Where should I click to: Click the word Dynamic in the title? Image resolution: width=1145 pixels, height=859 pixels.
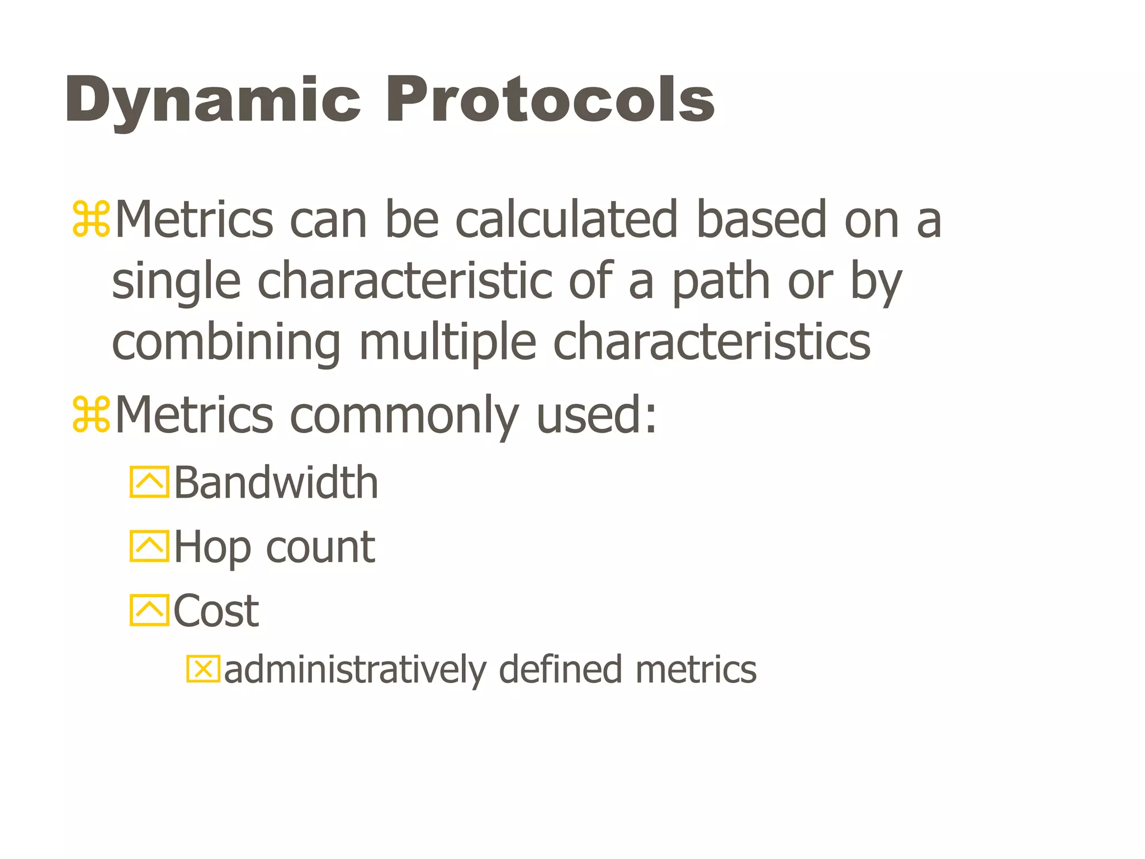213,101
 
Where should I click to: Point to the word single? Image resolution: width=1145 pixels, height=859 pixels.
177,282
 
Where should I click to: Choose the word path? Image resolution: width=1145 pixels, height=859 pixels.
721,282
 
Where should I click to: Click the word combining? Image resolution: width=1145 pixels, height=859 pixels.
226,342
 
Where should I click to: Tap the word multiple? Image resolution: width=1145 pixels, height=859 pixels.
448,342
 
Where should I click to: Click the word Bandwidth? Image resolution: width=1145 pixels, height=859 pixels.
276,482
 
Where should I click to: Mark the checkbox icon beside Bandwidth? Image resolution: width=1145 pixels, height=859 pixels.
149,482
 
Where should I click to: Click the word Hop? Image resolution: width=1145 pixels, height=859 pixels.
212,548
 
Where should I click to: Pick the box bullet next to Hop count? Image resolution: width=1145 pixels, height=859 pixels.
149,546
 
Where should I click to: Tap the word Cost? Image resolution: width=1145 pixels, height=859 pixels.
216,611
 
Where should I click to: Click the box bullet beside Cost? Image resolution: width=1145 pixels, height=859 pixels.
149,610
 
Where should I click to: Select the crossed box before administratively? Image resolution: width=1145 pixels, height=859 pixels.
204,669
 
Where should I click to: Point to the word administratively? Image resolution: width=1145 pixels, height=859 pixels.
356,670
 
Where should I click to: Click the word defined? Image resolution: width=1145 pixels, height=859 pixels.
560,669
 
